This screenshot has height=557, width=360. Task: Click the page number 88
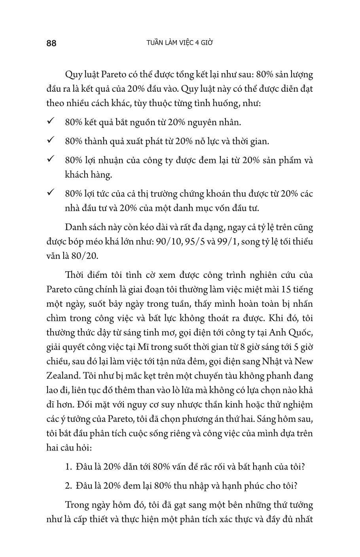51,43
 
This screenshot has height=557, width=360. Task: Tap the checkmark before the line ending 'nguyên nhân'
51,121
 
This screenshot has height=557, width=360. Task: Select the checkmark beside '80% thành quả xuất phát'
51,140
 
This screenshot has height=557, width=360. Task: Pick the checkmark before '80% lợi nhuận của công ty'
51,159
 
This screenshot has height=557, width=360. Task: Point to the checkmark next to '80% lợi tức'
51,193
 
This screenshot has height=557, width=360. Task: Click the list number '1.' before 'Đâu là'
68,466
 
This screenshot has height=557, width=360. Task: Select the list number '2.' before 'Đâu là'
68,486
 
